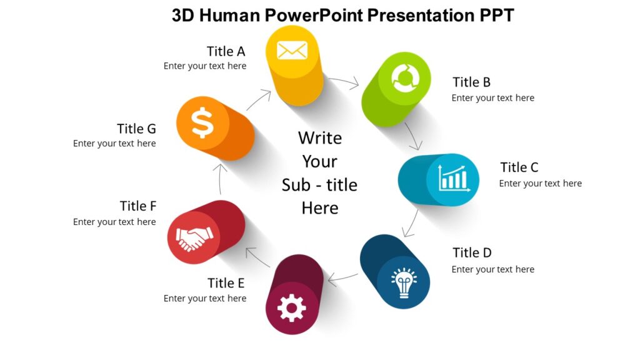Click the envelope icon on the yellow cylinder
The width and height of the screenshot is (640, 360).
pos(292,50)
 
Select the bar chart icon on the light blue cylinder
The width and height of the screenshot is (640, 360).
pos(453,179)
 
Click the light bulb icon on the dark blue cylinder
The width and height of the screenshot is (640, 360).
pos(404,282)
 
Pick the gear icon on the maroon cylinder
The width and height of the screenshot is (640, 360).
pos(291,307)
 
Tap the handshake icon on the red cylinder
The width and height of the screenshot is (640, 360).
pos(194,238)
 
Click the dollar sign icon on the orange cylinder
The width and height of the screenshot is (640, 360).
pos(202,122)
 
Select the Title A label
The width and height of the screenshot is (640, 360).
pos(226,51)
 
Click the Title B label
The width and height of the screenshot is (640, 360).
pos(471,82)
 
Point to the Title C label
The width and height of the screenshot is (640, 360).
pos(519,167)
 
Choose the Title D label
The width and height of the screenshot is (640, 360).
pos(472,252)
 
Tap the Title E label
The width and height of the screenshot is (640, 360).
pos(226,283)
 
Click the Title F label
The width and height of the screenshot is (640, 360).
pos(137,206)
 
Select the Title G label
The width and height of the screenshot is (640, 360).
pos(136,129)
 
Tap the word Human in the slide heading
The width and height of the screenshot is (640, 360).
pos(231,15)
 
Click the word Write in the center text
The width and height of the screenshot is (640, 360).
pos(319,137)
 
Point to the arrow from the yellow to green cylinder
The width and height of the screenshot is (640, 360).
pos(343,81)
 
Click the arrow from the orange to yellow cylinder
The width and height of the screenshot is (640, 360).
pos(259,100)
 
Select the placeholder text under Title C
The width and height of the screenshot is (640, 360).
pos(540,183)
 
